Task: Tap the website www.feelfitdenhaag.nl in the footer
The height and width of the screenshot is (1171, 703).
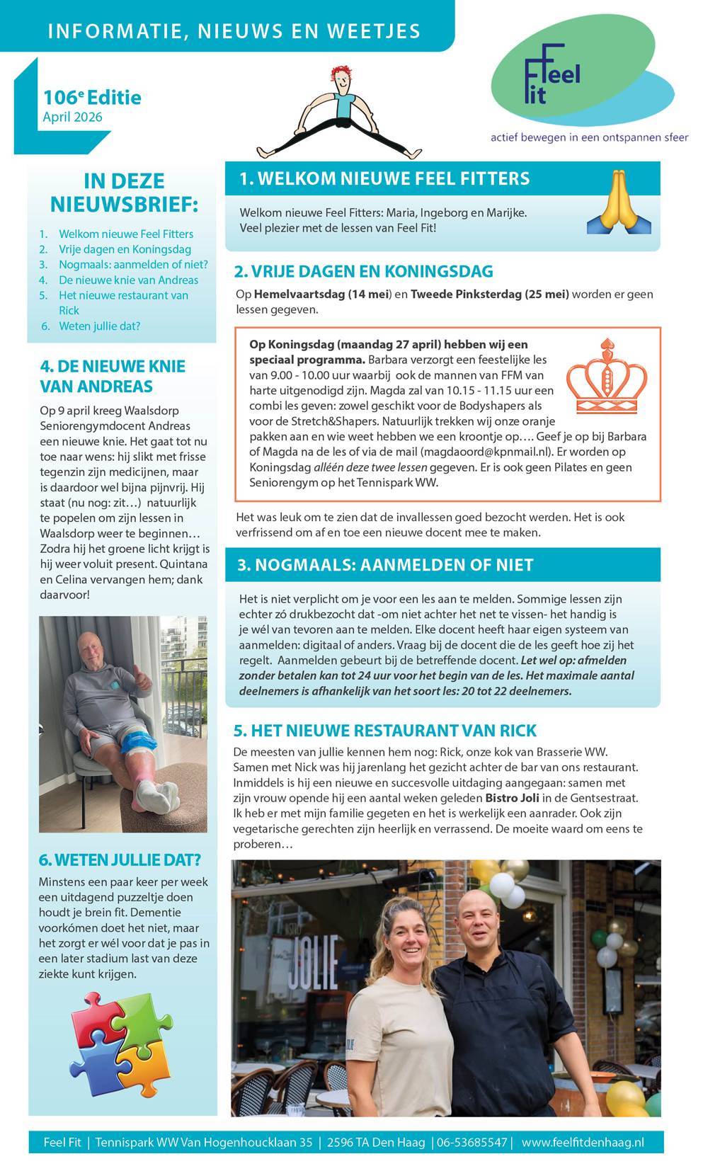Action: coord(582,1142)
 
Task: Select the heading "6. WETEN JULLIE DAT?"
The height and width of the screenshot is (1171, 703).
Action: coord(120,860)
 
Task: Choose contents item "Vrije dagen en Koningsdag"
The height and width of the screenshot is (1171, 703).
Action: coord(125,249)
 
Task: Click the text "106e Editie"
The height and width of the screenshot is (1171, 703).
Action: coord(92,97)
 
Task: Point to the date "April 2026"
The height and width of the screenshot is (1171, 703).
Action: coord(72,117)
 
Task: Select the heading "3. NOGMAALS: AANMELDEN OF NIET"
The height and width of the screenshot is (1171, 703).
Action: coord(385,565)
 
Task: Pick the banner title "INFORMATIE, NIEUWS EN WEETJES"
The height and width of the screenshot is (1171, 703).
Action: coord(234,31)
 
